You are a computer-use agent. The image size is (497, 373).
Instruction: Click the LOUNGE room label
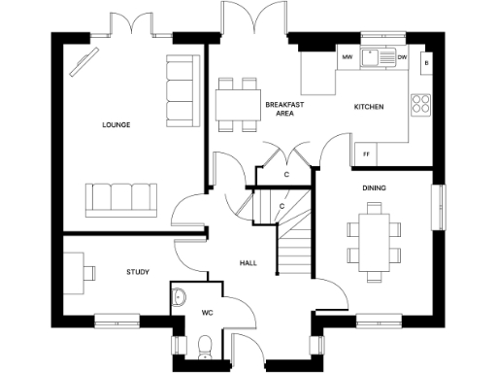coord(116,125)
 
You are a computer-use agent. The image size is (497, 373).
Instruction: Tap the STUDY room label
coord(138,272)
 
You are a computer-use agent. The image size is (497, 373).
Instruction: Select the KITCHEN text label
coord(368,106)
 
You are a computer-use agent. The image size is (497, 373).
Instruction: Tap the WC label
coord(207,313)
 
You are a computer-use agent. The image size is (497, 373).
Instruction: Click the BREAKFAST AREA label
coord(284,108)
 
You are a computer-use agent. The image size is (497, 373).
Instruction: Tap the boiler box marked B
coord(425,63)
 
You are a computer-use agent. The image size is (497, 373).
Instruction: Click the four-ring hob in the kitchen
coord(421,103)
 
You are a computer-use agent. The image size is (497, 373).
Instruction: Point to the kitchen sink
coord(373,57)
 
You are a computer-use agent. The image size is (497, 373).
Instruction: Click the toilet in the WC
coord(203,345)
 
